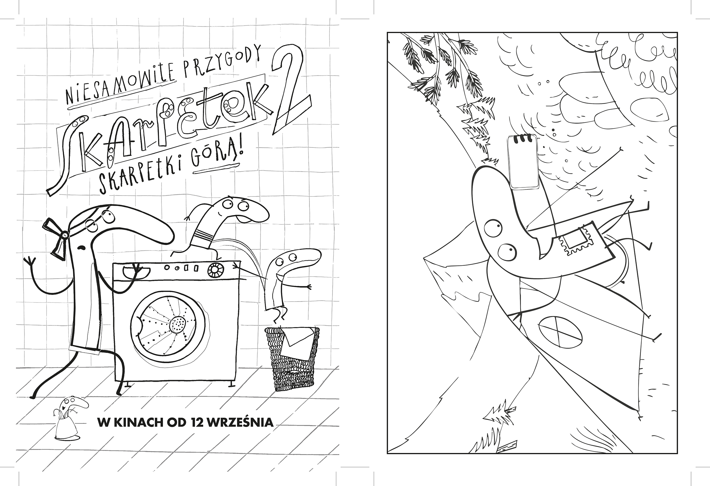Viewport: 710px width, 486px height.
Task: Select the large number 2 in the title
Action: point(290,92)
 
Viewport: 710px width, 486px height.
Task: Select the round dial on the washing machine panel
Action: point(214,270)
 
